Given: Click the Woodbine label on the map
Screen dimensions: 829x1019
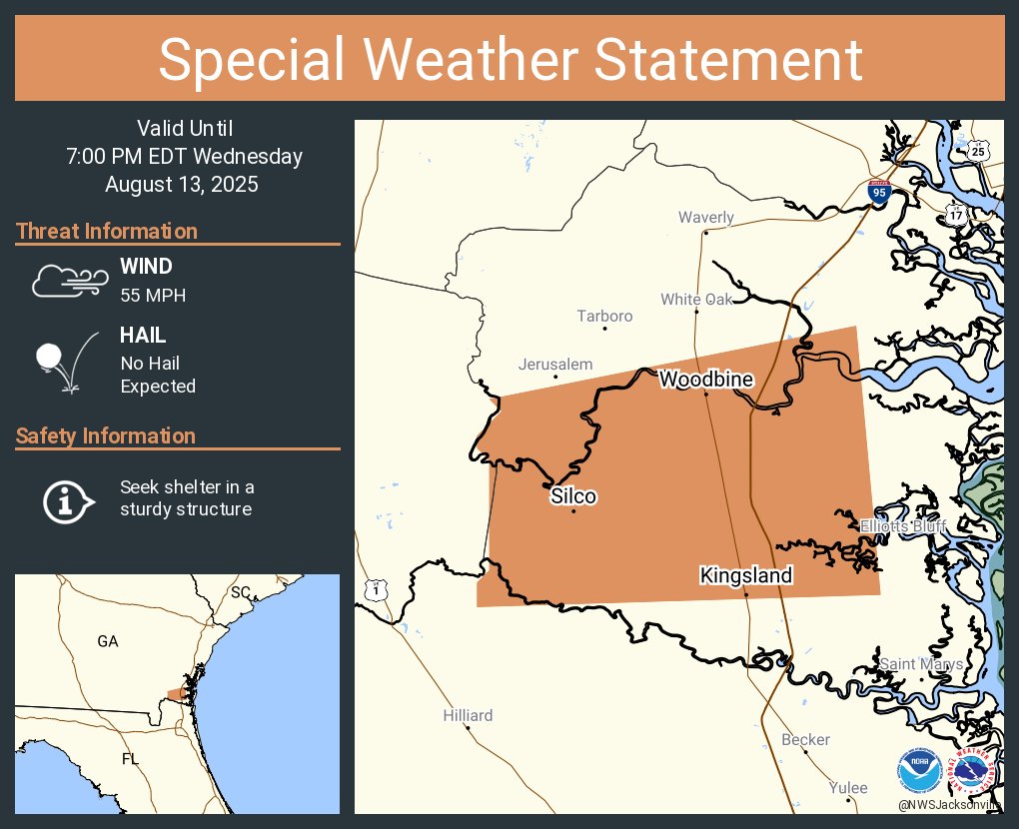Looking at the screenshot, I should pyautogui.click(x=705, y=380).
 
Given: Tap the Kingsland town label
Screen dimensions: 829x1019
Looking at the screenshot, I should pyautogui.click(x=745, y=575).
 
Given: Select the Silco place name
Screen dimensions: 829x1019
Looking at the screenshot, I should pyautogui.click(x=573, y=496).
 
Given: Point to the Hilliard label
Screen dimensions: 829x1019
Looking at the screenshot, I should pyautogui.click(x=468, y=715).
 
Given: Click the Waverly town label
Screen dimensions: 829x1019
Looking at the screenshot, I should pyautogui.click(x=705, y=218).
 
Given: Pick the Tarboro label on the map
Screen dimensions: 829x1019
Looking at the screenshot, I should pyautogui.click(x=604, y=316).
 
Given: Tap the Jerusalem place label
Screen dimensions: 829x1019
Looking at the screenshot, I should pyautogui.click(x=555, y=365).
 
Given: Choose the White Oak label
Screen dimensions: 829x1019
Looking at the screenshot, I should pyautogui.click(x=696, y=299).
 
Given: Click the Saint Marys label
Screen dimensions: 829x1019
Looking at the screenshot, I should pyautogui.click(x=921, y=664).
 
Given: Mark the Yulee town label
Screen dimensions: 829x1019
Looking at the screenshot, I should pyautogui.click(x=848, y=788).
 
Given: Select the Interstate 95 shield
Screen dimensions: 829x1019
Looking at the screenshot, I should pyautogui.click(x=878, y=193).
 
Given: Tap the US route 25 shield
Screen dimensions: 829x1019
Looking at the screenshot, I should pyautogui.click(x=977, y=151).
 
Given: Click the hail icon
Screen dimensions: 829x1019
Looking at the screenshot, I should pyautogui.click(x=66, y=364).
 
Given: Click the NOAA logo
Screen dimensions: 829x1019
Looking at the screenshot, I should pyautogui.click(x=918, y=772).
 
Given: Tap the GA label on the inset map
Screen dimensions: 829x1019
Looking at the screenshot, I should pyautogui.click(x=108, y=641).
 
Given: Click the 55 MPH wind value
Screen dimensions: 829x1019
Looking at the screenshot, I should pyautogui.click(x=153, y=296).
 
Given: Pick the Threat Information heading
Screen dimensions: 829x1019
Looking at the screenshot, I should pyautogui.click(x=107, y=231).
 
